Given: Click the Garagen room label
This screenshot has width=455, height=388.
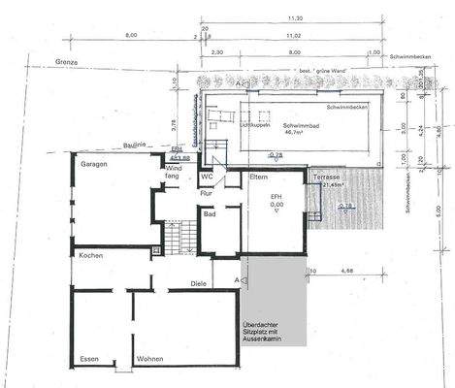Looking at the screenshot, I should click(x=94, y=165).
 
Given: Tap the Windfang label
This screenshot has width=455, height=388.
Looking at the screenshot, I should click(x=173, y=173).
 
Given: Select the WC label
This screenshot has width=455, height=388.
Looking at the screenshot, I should click(x=207, y=178).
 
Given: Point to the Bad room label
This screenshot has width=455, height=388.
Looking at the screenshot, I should click(x=209, y=215).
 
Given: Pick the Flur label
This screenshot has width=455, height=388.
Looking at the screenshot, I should click(x=206, y=193).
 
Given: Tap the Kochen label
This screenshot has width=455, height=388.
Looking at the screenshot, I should click(x=93, y=254).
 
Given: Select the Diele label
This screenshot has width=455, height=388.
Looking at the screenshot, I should click(x=199, y=284).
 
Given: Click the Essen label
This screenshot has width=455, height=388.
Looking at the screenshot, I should click(x=89, y=359).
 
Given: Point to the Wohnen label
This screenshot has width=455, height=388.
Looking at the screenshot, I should click(x=150, y=359).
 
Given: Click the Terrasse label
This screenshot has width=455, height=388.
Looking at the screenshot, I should click(x=325, y=178).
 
